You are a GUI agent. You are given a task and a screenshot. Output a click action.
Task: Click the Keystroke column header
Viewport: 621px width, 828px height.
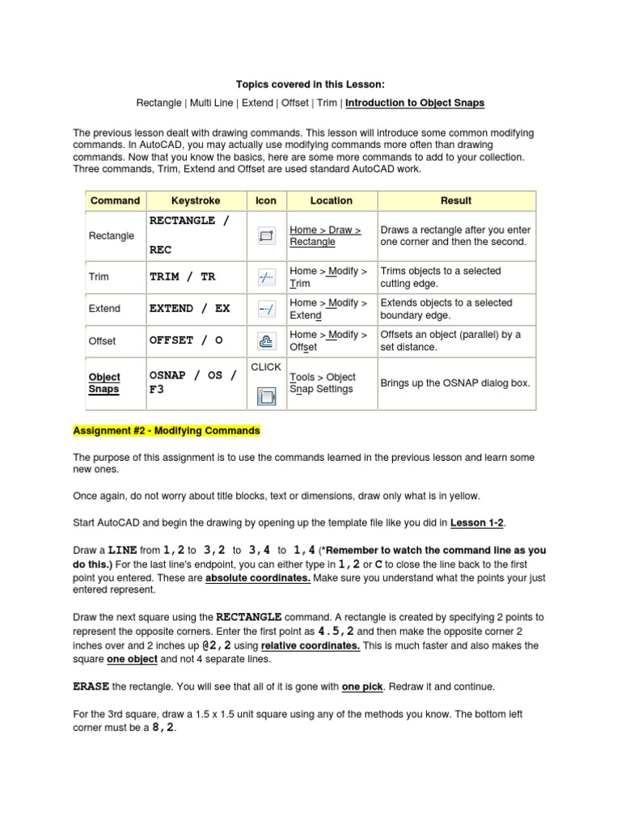196,201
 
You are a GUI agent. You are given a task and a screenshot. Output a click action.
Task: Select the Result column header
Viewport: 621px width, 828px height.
456,201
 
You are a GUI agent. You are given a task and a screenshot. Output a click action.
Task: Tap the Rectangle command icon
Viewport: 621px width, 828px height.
266,236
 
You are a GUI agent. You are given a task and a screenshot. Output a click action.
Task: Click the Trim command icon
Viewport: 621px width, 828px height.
266,277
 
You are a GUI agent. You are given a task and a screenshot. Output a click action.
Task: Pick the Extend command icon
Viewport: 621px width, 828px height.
266,309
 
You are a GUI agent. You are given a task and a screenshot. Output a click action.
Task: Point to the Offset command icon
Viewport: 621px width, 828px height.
266,340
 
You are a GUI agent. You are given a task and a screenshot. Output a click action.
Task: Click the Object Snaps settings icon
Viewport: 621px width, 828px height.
266,395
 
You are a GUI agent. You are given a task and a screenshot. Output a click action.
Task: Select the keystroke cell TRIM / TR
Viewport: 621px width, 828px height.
183,277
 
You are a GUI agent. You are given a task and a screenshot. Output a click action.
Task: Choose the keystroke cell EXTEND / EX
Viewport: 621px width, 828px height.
190,309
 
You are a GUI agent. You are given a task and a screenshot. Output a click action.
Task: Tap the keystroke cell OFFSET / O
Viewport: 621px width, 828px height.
186,340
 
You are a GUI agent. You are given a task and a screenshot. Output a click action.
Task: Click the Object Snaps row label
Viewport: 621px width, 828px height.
104,383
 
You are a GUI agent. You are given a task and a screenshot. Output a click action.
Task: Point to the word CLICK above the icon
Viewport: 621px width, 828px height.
266,367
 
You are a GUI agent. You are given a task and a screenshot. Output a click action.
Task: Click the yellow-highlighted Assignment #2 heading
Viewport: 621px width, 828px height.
167,431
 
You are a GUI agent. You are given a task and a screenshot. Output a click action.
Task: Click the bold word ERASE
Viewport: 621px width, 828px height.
91,686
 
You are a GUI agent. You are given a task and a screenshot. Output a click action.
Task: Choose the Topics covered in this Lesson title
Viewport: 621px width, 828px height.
310,84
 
